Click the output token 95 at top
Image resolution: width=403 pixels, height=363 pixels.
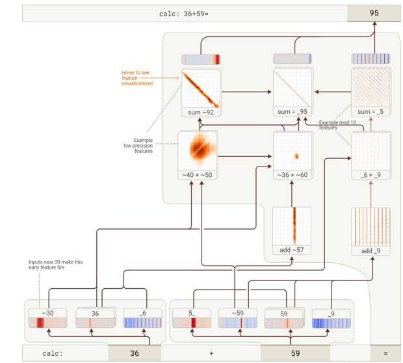pos(374,13)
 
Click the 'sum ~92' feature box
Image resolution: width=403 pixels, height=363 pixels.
pos(201,92)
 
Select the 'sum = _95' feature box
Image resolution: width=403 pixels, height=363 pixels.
pos(292,92)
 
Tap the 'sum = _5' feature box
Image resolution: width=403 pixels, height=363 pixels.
pos(370,92)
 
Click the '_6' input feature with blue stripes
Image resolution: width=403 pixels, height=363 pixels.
pos(142,318)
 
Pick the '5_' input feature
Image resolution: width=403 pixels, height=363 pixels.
pos(192,318)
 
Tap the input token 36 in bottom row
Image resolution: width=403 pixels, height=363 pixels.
pos(135,353)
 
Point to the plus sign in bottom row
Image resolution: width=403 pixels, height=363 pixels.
pos(211,353)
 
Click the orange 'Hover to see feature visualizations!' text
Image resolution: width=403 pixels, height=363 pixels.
pos(137,78)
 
